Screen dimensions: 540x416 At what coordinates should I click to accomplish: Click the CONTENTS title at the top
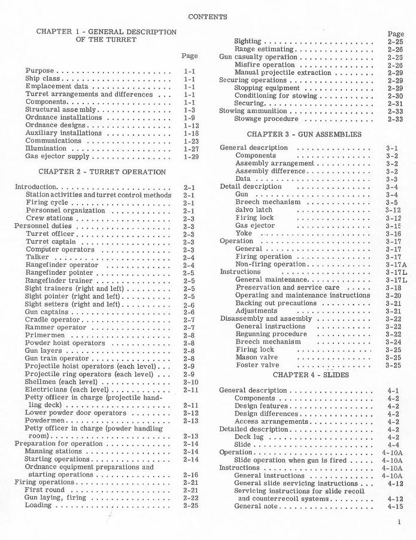[x=208, y=17]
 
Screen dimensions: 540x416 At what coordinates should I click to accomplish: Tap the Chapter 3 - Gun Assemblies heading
[x=304, y=135]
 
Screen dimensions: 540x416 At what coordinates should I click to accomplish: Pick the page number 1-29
[x=191, y=156]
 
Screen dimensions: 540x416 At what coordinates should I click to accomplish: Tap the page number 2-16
[x=191, y=475]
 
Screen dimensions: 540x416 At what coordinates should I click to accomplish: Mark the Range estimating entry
[x=264, y=49]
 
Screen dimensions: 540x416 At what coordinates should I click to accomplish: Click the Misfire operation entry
[x=265, y=65]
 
